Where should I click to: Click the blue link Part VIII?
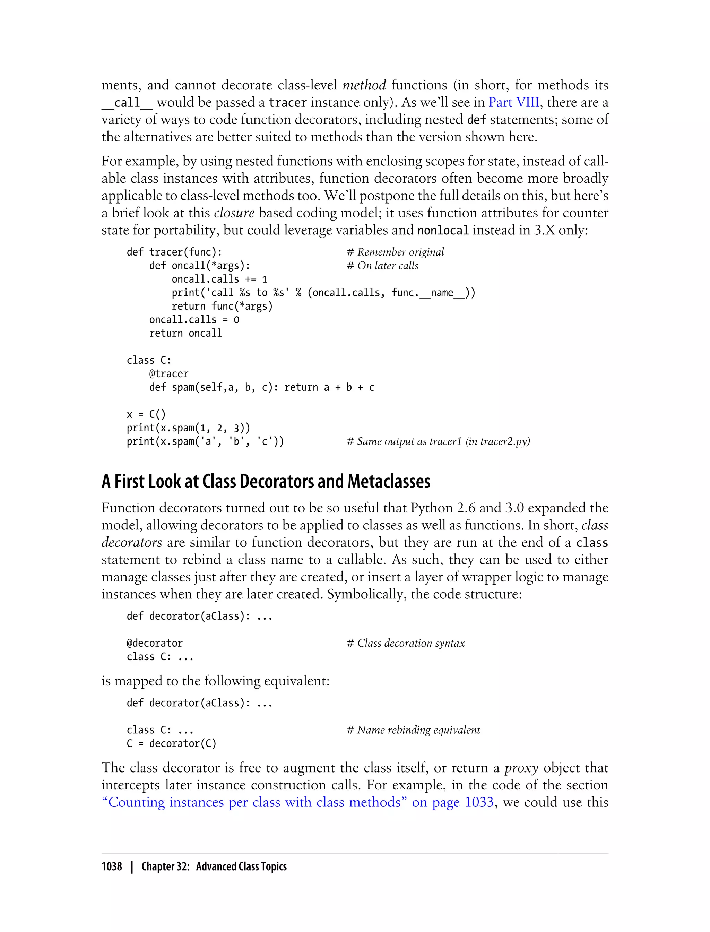click(513, 102)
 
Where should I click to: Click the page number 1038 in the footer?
click(112, 866)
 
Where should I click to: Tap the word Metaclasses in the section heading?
click(389, 481)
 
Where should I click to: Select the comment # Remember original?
click(395, 252)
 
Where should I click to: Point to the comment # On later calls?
click(382, 266)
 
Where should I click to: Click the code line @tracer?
click(168, 374)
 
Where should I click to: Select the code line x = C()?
click(146, 414)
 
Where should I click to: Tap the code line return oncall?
click(185, 333)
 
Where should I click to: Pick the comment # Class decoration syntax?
click(406, 643)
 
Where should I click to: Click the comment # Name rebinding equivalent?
click(413, 730)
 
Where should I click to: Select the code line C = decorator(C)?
click(171, 743)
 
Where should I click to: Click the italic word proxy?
click(521, 768)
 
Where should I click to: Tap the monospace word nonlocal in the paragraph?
click(443, 230)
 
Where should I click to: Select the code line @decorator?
click(155, 643)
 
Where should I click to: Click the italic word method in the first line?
click(364, 85)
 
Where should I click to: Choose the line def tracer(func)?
click(174, 252)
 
